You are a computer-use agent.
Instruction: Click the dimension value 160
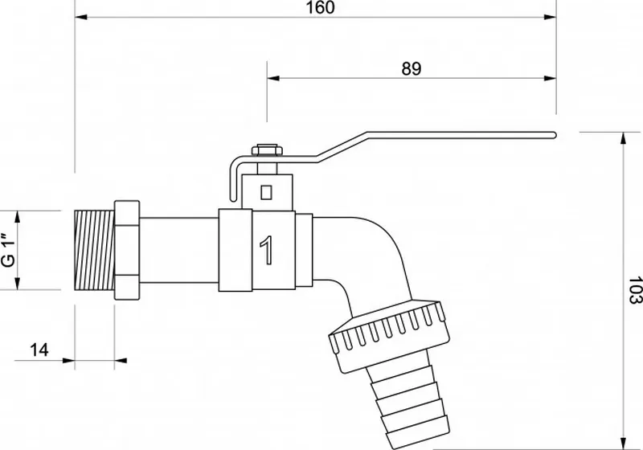click(320, 7)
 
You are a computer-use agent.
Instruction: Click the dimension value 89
click(412, 68)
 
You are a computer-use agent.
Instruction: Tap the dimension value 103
click(635, 290)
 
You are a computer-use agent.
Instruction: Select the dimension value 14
click(39, 350)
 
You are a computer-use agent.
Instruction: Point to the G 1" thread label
click(9, 251)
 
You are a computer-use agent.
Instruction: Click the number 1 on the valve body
click(267, 250)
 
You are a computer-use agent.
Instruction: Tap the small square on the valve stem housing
click(266, 192)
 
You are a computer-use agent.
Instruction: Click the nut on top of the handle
click(267, 149)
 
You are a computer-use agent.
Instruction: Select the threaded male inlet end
click(94, 250)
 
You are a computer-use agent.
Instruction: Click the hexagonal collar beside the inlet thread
click(127, 250)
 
